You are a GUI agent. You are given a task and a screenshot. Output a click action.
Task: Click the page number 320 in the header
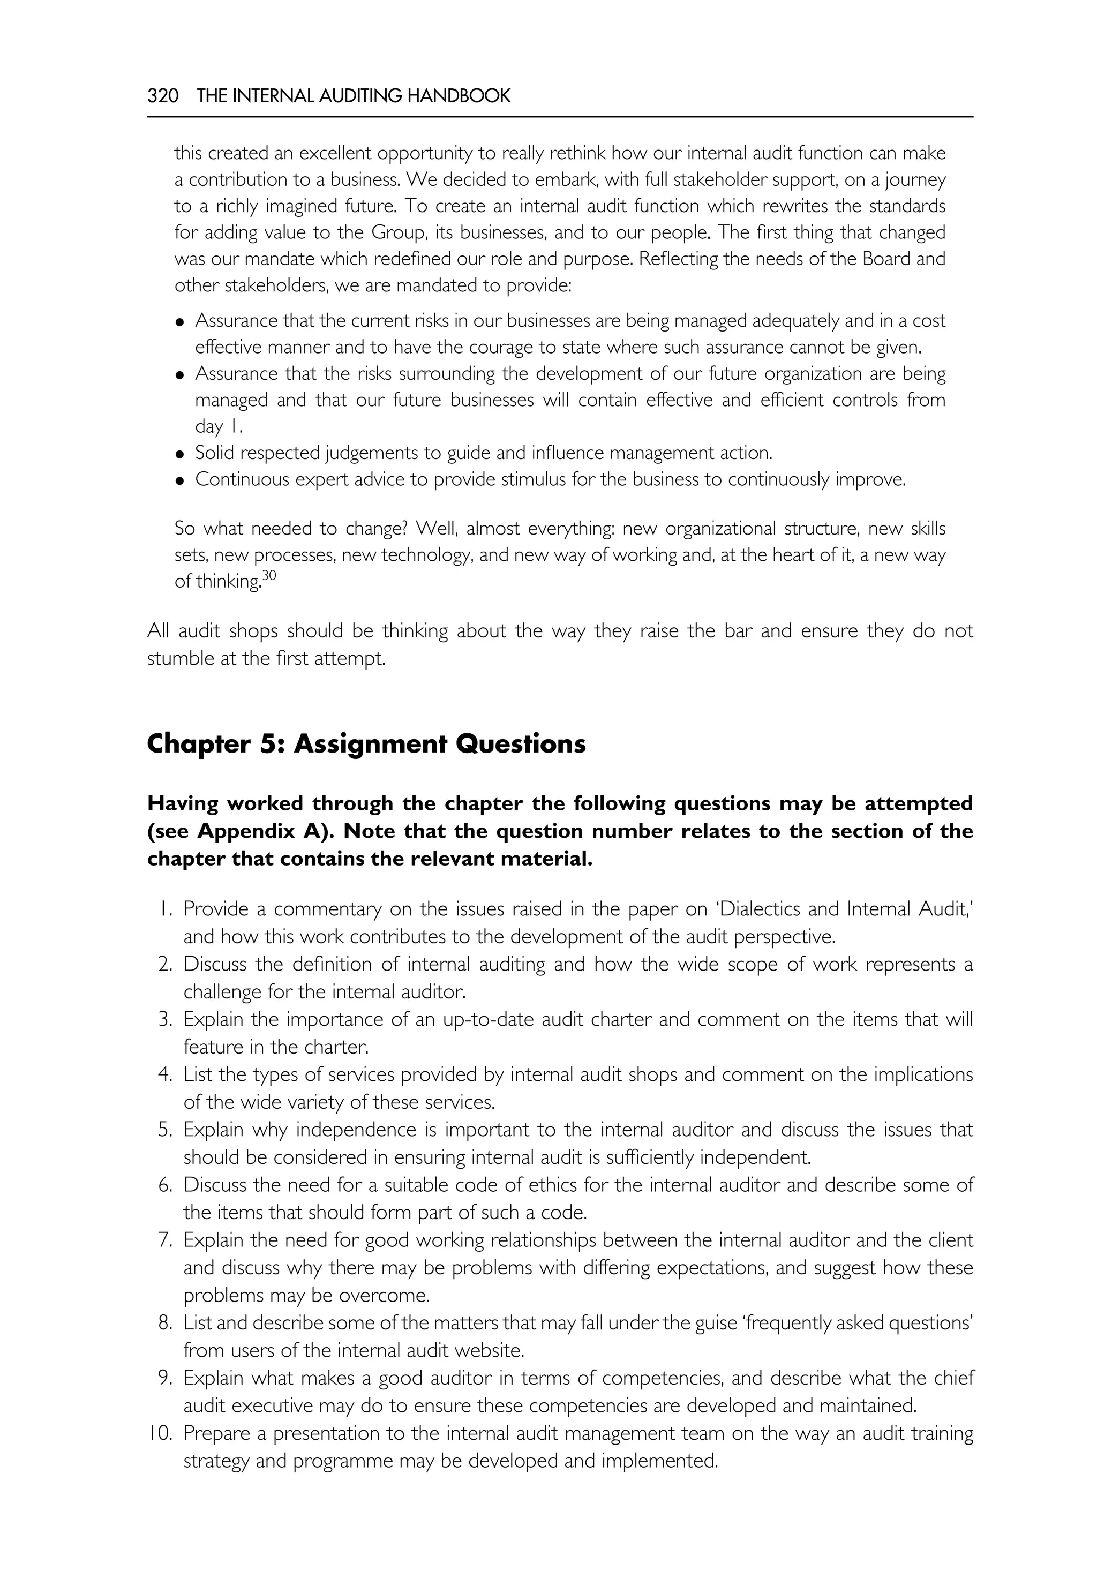click(x=163, y=96)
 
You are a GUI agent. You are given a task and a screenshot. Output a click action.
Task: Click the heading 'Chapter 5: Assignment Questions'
click(x=366, y=744)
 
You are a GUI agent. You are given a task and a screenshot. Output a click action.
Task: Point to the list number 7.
click(x=165, y=1240)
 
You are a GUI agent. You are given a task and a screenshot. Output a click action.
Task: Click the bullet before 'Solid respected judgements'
click(x=180, y=454)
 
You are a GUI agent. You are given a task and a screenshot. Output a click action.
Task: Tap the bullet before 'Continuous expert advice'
click(x=180, y=480)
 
